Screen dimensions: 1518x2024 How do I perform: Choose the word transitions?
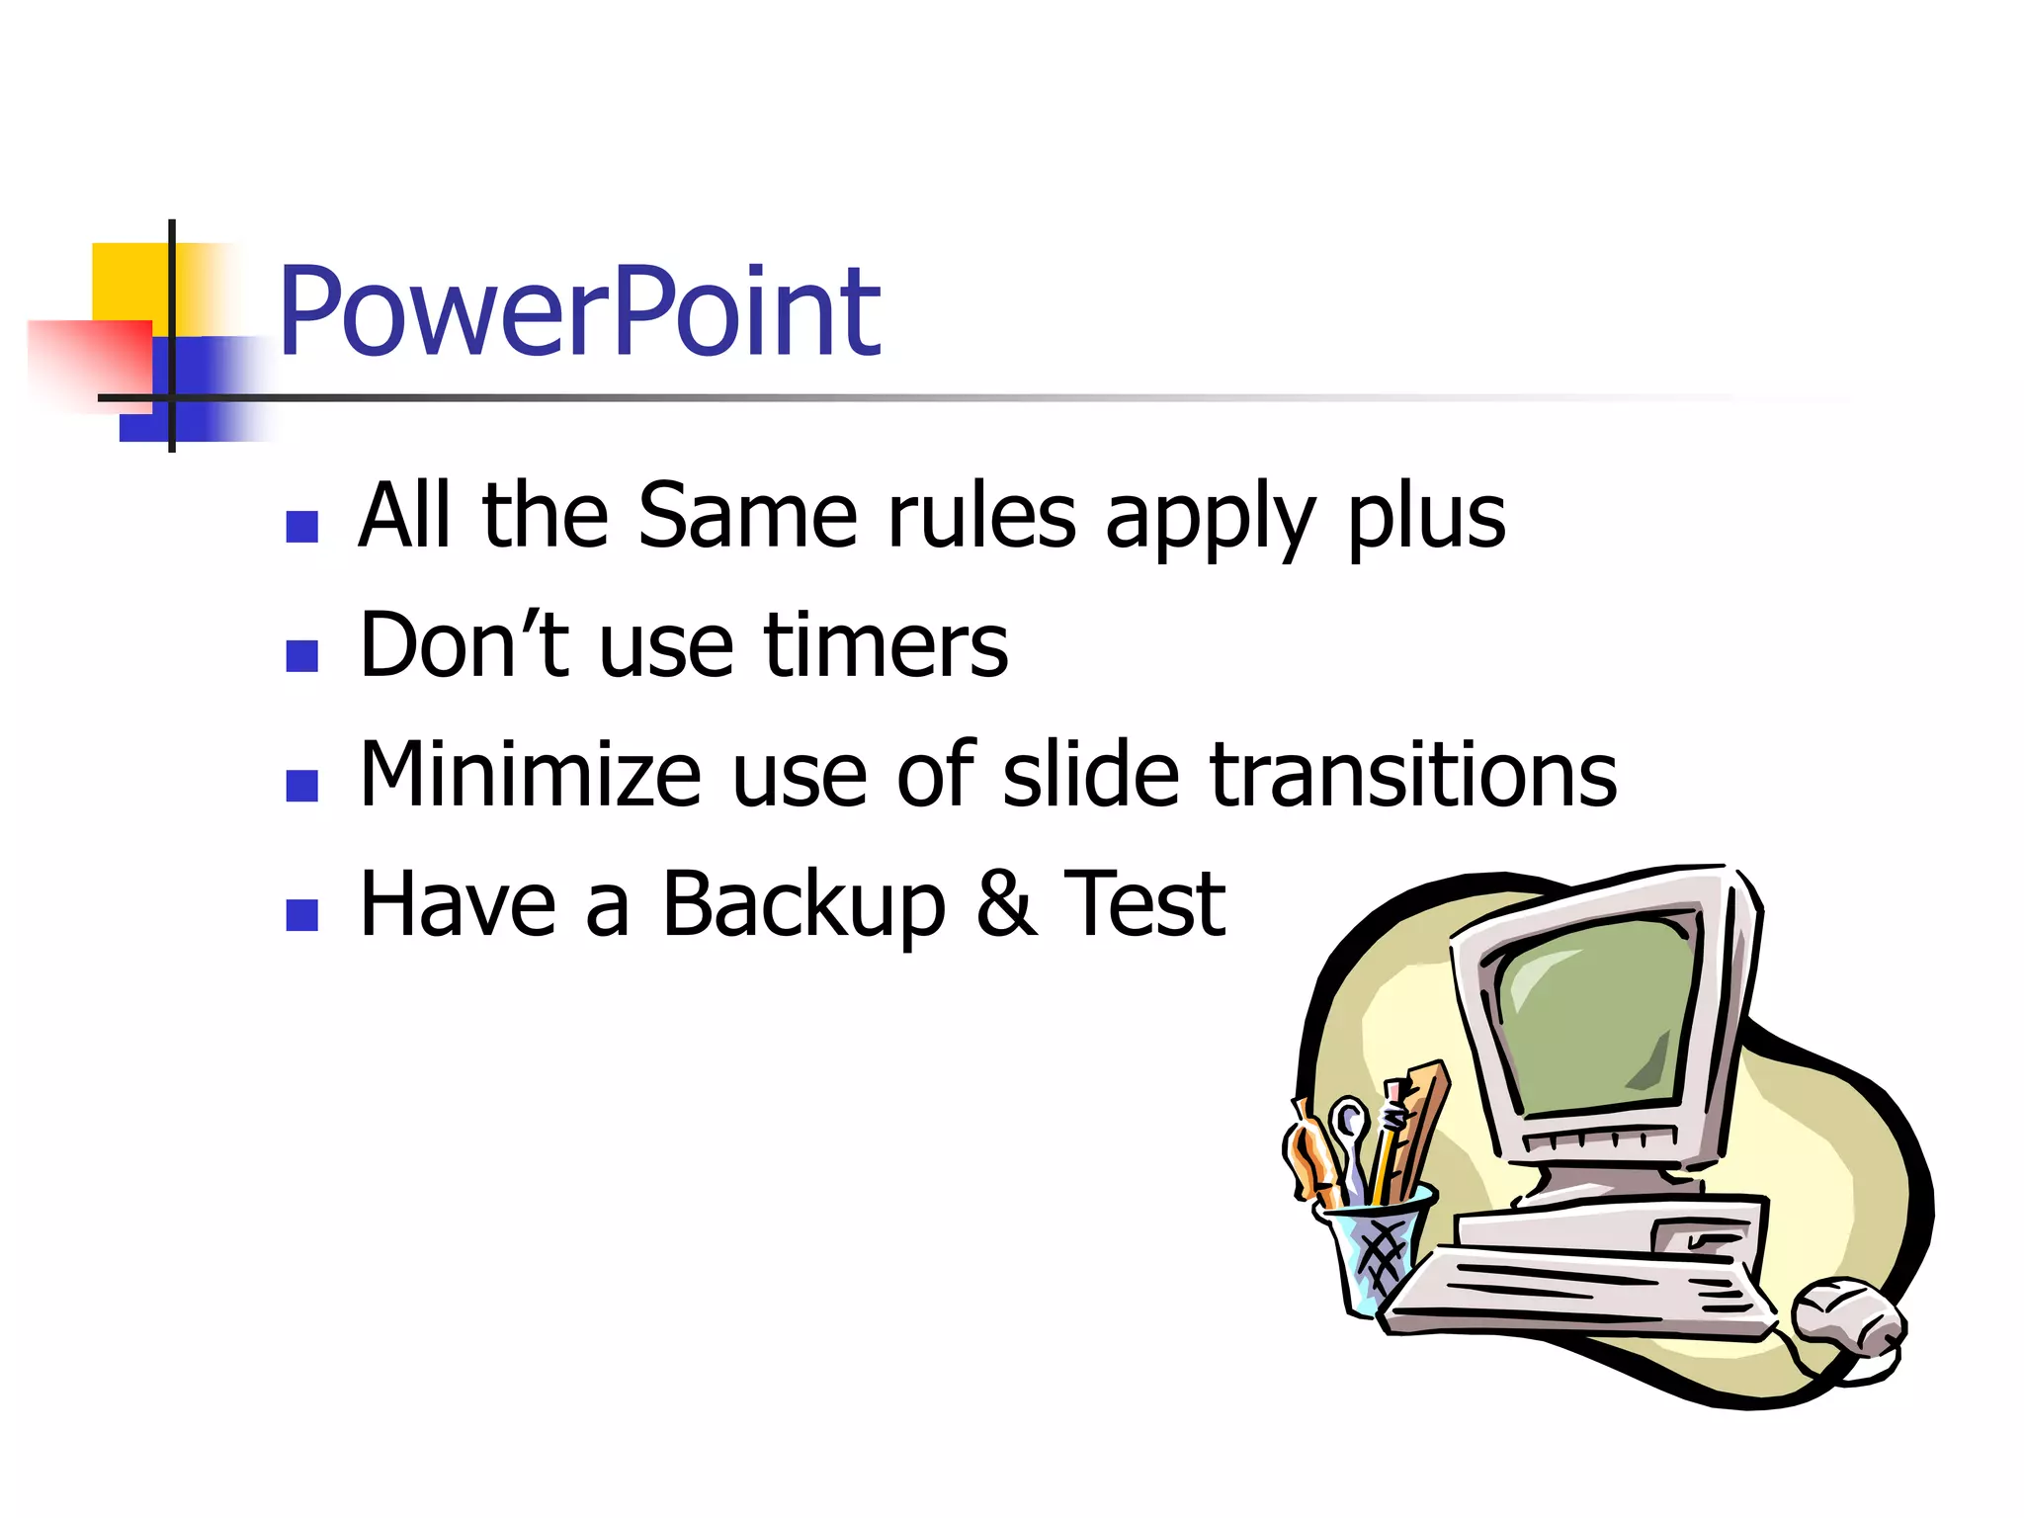point(1412,775)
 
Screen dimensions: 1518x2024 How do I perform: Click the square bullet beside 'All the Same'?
point(301,527)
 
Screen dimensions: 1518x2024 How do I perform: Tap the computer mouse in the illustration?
point(1846,1324)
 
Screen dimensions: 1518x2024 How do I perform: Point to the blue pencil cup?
point(1374,1250)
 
